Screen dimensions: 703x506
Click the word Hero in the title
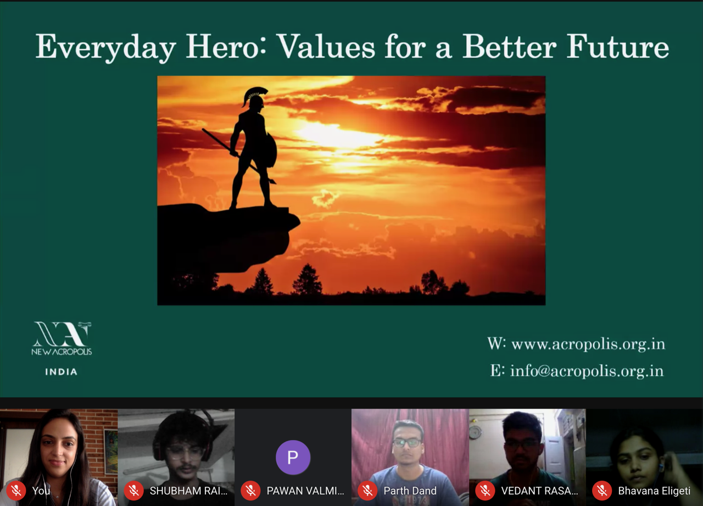coord(226,47)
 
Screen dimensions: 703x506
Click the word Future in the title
coord(618,47)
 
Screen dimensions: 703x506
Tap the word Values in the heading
coord(326,47)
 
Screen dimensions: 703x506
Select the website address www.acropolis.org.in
coord(588,344)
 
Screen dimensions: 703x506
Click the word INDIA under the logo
coord(61,372)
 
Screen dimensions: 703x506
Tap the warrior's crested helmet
coord(254,97)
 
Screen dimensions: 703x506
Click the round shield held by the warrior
coord(271,150)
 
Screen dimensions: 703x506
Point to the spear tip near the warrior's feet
coord(272,181)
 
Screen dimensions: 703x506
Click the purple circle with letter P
coord(293,457)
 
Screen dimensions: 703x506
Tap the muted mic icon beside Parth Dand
coord(367,491)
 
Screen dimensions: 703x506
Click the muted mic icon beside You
coord(16,491)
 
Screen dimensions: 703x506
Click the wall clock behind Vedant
coord(475,432)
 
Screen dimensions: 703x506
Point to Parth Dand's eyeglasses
coord(407,443)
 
